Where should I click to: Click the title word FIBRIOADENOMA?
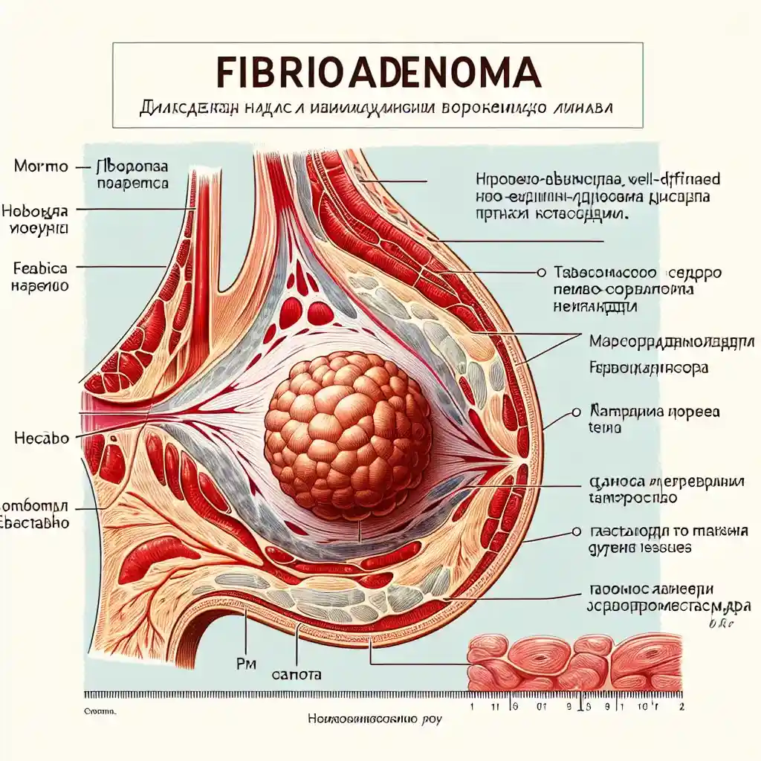(378, 72)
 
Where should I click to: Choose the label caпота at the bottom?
(297, 676)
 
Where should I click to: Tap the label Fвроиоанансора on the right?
(648, 367)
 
